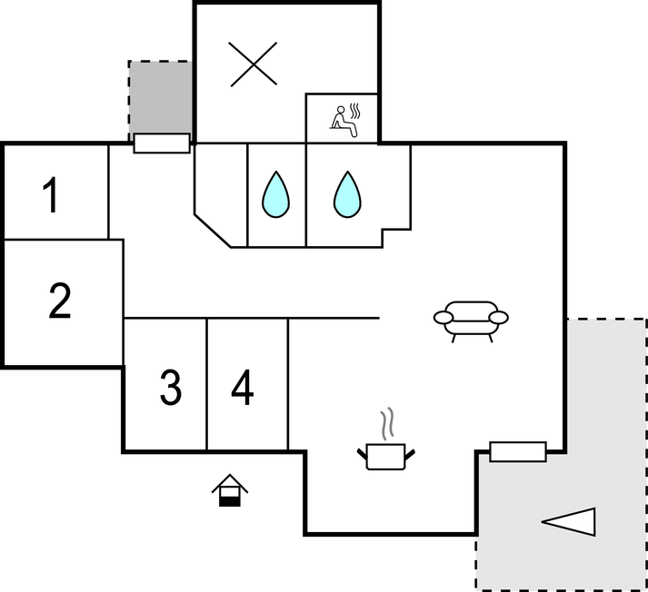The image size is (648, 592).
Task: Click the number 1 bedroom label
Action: click(51, 195)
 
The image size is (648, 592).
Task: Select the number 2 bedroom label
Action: click(60, 301)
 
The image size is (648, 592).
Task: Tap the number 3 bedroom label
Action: click(170, 388)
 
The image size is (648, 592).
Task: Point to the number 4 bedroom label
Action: click(242, 388)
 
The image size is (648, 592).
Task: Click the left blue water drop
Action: click(275, 194)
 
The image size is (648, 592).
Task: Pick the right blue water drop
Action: click(347, 194)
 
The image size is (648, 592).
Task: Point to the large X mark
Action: click(253, 64)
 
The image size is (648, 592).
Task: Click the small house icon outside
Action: click(230, 490)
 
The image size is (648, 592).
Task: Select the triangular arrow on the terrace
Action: click(569, 522)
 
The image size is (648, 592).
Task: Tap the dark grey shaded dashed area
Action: click(160, 97)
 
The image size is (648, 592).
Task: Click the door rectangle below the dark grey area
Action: click(162, 143)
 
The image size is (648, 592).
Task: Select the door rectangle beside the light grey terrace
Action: click(518, 451)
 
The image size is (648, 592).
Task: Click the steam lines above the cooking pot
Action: click(387, 423)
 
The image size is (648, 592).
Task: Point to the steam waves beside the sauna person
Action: click(355, 111)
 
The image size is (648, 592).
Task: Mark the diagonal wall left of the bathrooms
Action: click(213, 231)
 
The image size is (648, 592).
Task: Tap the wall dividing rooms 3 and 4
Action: click(206, 384)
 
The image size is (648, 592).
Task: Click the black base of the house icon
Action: click(230, 501)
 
